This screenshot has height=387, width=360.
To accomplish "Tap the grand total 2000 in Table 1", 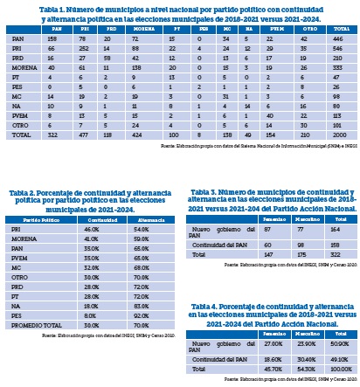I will (x=336, y=135).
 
